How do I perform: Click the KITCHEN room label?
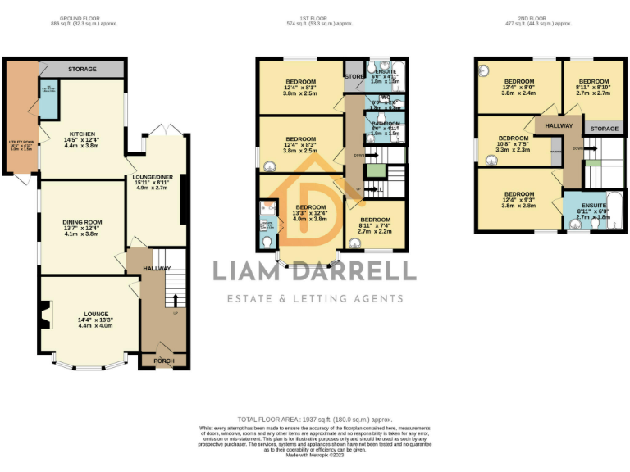[82, 134]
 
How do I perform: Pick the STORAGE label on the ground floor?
[82, 70]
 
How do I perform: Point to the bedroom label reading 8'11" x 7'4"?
[376, 220]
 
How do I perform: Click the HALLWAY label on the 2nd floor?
[559, 125]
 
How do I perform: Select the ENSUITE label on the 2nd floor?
[594, 206]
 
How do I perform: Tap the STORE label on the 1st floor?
[354, 76]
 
